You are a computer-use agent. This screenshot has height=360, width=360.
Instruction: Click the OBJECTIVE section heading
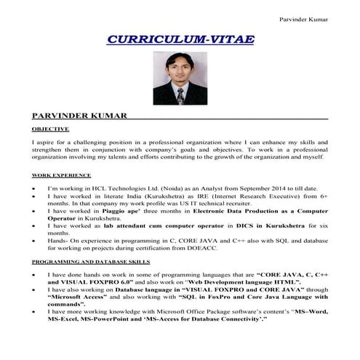click(49, 129)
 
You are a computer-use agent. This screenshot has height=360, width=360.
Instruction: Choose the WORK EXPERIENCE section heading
click(61, 175)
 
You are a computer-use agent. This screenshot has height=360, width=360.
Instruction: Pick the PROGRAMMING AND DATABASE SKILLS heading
click(91, 260)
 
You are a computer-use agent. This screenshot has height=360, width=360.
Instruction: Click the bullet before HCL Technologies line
click(36, 188)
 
